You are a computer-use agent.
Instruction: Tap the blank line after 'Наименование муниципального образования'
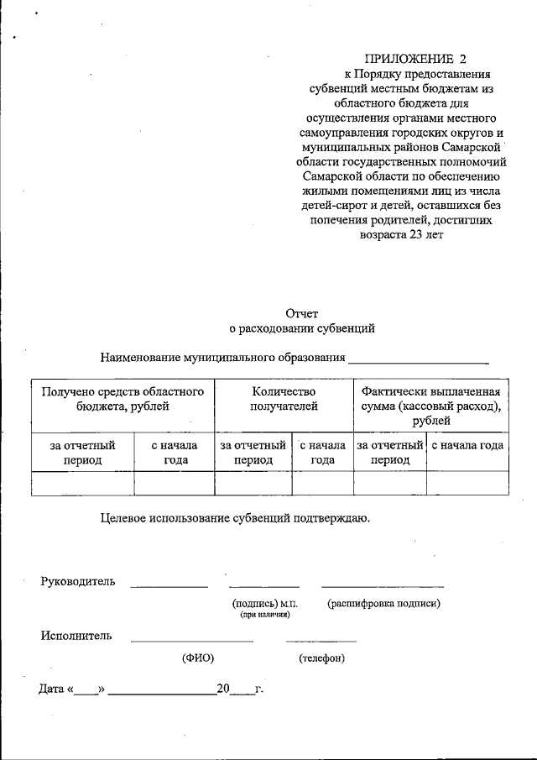point(419,359)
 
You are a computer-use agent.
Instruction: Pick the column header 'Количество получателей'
point(284,399)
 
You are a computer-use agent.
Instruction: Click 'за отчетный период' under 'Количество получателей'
point(253,453)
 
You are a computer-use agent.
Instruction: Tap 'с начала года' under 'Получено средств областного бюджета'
point(175,453)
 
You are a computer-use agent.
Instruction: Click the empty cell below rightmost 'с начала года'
point(467,483)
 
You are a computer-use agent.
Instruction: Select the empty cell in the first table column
point(82,483)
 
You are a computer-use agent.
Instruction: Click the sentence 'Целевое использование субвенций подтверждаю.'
point(235,518)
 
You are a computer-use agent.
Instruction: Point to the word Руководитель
point(79,582)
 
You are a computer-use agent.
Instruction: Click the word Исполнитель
point(76,636)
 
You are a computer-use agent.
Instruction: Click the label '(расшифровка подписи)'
point(383,603)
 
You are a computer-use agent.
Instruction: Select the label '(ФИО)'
point(198,658)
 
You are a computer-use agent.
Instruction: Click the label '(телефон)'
point(321,658)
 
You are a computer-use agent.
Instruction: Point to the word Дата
point(52,689)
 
